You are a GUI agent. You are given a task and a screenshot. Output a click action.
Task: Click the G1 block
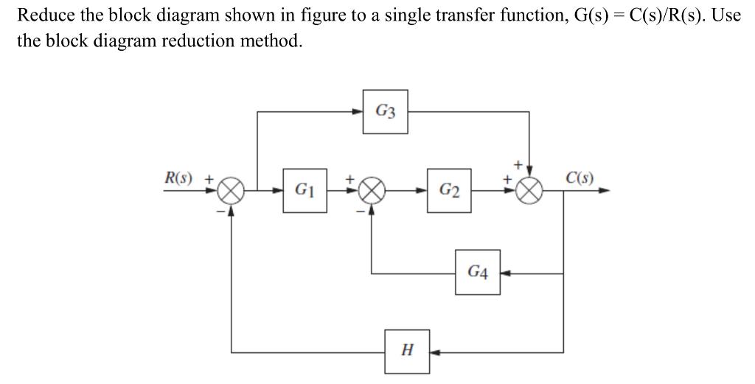tap(305, 190)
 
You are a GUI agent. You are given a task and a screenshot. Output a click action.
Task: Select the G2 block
tap(449, 190)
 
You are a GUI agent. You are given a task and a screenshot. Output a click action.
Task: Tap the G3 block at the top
tap(385, 111)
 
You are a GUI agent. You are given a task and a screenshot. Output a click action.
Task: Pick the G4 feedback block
tap(477, 273)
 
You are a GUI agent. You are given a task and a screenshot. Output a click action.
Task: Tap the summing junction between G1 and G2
tap(372, 190)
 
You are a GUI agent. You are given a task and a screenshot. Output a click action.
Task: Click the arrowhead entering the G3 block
tap(358, 112)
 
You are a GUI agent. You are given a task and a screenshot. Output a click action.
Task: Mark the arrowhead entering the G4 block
tap(505, 273)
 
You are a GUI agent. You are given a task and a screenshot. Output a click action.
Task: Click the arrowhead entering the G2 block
tap(423, 190)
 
